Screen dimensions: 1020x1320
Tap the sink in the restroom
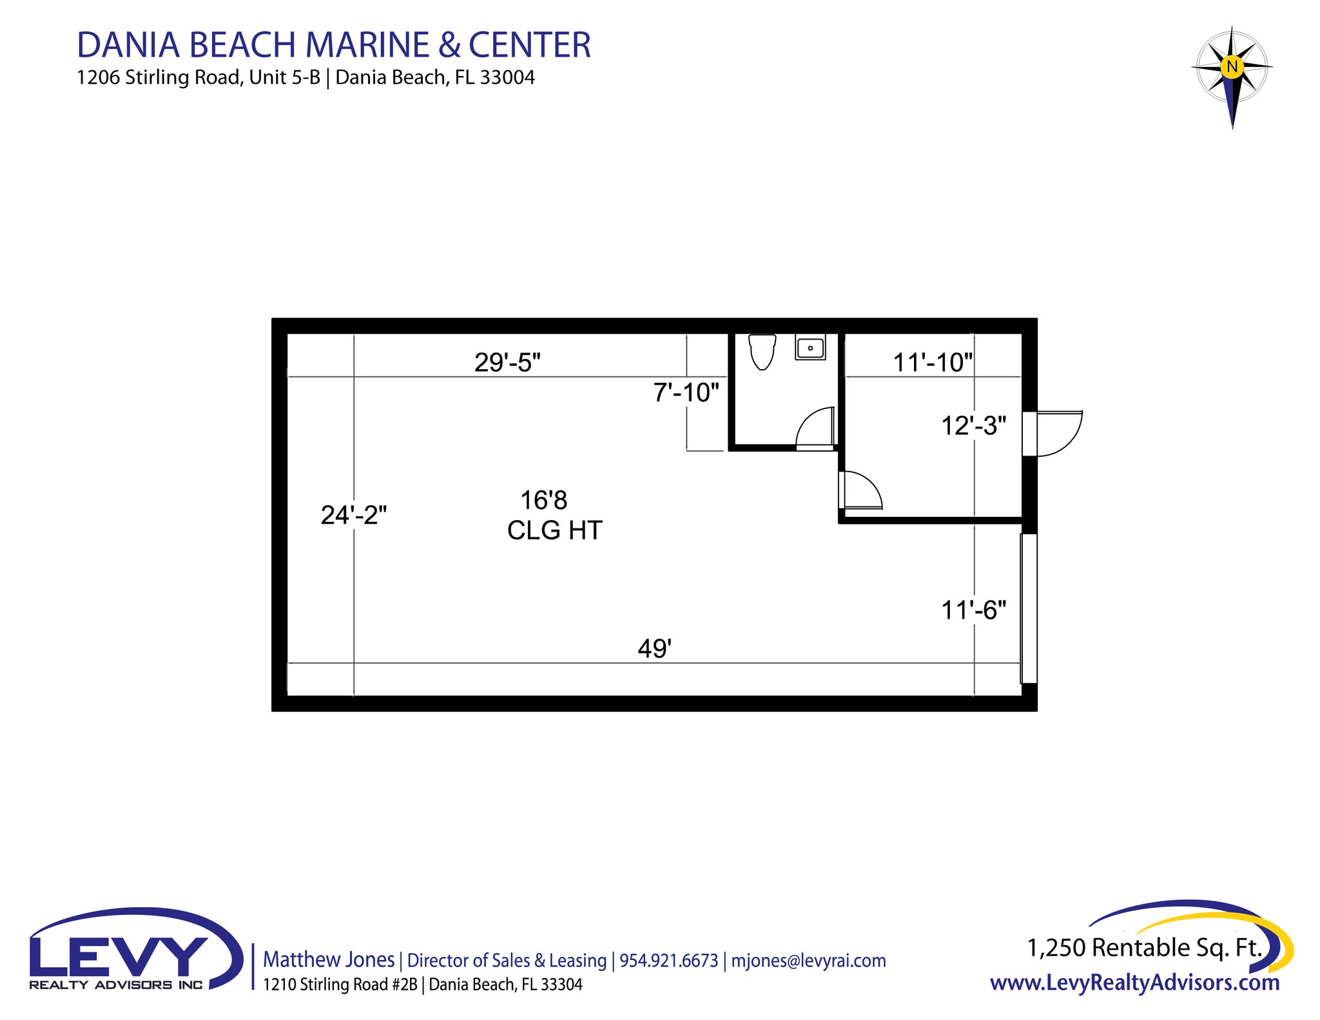pyautogui.click(x=810, y=348)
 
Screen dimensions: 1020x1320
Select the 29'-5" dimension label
pyautogui.click(x=507, y=363)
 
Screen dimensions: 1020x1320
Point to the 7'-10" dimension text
pyautogui.click(x=686, y=392)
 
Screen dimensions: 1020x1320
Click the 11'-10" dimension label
pyautogui.click(x=933, y=363)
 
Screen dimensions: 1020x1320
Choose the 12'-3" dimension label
pyautogui.click(x=973, y=426)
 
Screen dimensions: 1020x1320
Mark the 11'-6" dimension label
pyautogui.click(x=973, y=610)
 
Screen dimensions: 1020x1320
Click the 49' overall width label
pyautogui.click(x=654, y=648)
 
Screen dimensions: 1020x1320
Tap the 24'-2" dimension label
pyautogui.click(x=354, y=515)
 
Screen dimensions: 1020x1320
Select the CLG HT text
pyautogui.click(x=554, y=530)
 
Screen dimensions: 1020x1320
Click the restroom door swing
pyautogui.click(x=816, y=427)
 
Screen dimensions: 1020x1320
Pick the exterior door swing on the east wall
pyautogui.click(x=1059, y=433)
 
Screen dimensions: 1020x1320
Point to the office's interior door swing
pyautogui.click(x=861, y=490)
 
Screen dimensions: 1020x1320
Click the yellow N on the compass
pyautogui.click(x=1232, y=66)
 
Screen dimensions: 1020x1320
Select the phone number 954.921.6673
pyautogui.click(x=668, y=961)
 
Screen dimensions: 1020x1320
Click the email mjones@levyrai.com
pyautogui.click(x=808, y=961)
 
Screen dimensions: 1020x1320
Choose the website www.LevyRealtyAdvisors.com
pyautogui.click(x=1134, y=983)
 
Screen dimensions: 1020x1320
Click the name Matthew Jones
pyautogui.click(x=329, y=959)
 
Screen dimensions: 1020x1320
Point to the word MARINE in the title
pyautogui.click(x=367, y=45)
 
